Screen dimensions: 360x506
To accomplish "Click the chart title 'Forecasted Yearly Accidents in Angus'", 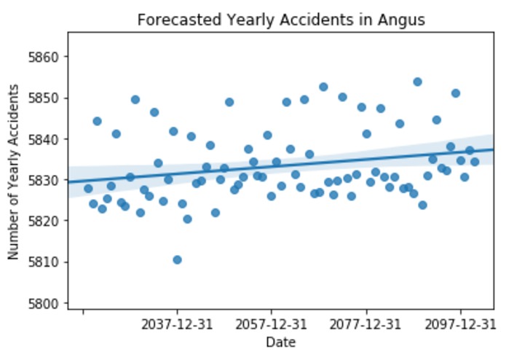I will click(281, 20).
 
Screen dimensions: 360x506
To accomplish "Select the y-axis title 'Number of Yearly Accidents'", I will click(14, 171).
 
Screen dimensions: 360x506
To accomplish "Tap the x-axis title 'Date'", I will click(281, 342).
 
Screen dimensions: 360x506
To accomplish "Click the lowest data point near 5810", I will click(177, 259).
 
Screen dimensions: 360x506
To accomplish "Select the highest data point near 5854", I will click(417, 82).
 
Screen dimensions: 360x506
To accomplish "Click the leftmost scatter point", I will click(88, 188).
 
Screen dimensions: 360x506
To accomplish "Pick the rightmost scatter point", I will click(475, 162).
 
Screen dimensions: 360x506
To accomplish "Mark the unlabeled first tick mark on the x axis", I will click(83, 312).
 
